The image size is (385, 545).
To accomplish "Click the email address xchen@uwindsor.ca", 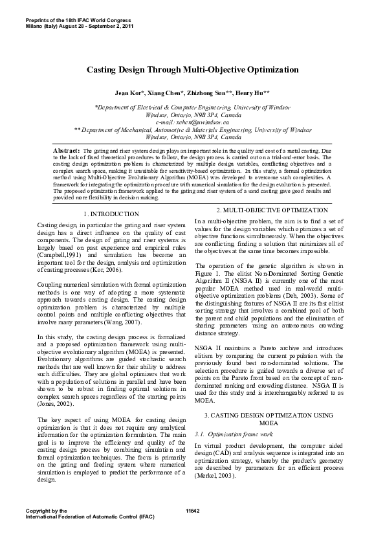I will point(192,121).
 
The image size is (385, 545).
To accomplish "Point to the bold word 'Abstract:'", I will point(67,150).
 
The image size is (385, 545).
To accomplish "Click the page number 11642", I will point(192,511).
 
